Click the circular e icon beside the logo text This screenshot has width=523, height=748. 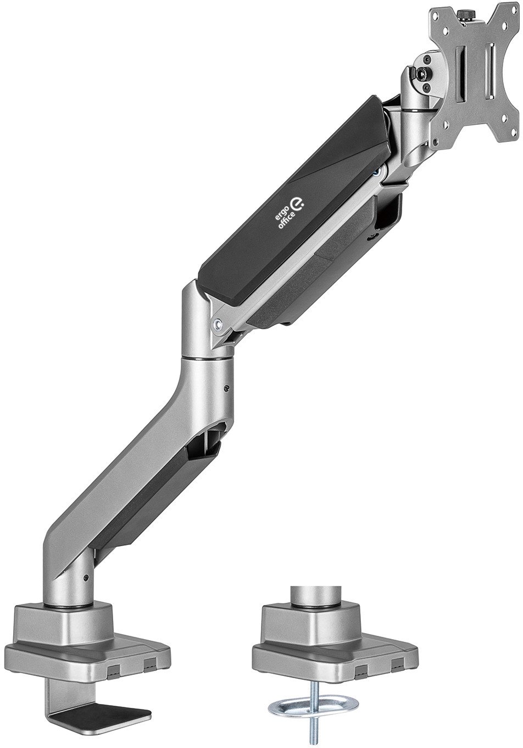click(x=297, y=203)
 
